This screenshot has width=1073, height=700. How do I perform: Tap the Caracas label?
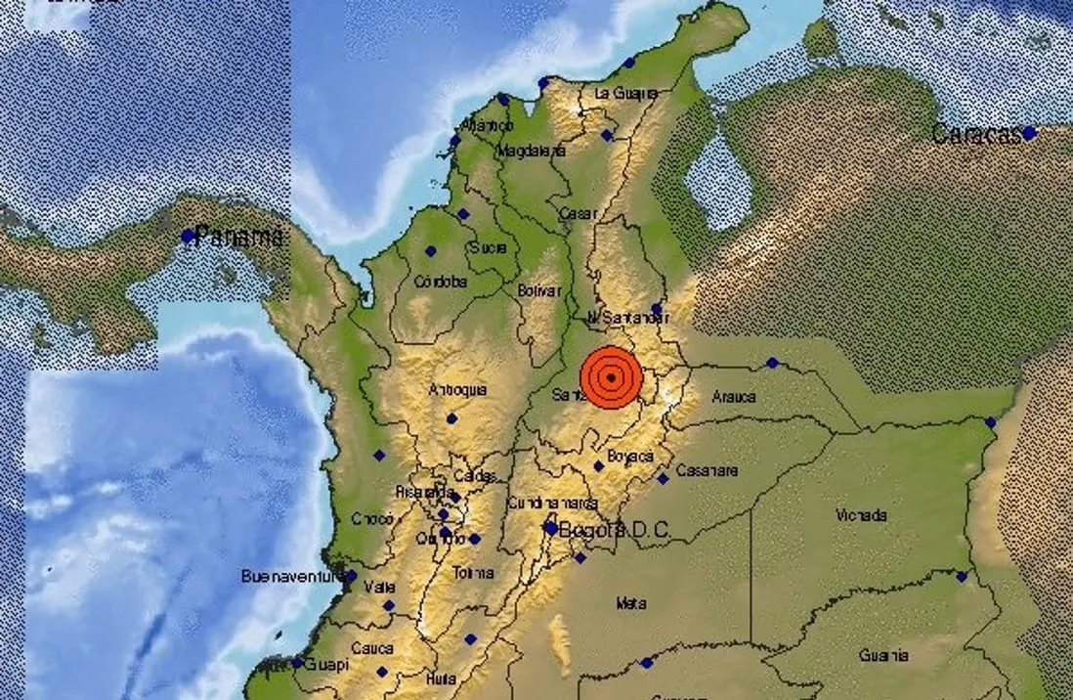(x=974, y=135)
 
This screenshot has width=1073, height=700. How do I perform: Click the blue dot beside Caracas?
(x=1028, y=133)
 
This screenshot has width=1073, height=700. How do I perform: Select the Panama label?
(x=239, y=236)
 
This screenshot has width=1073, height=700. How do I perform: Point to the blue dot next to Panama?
(x=188, y=236)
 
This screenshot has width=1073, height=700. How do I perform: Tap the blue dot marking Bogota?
(x=551, y=529)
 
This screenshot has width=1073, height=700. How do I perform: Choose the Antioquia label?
(x=457, y=390)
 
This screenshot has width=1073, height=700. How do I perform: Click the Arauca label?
(x=734, y=397)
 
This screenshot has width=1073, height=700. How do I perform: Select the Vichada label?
(x=862, y=515)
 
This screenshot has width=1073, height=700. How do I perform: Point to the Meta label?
(x=630, y=603)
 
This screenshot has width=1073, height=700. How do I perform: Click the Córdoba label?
(x=441, y=282)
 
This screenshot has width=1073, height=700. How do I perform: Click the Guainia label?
(x=883, y=655)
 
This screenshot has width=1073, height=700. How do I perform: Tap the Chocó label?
(x=372, y=519)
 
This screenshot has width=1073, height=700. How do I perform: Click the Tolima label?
(x=474, y=573)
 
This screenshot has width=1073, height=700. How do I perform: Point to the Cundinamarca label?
(x=551, y=503)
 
